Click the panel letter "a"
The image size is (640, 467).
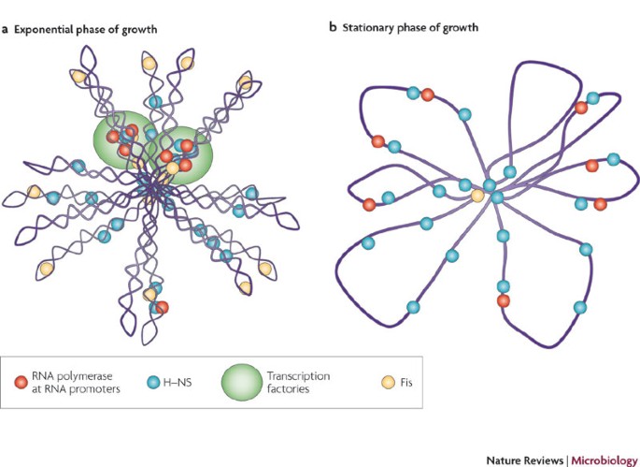[x=6, y=29]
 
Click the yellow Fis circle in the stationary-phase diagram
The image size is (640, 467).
[x=477, y=196]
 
